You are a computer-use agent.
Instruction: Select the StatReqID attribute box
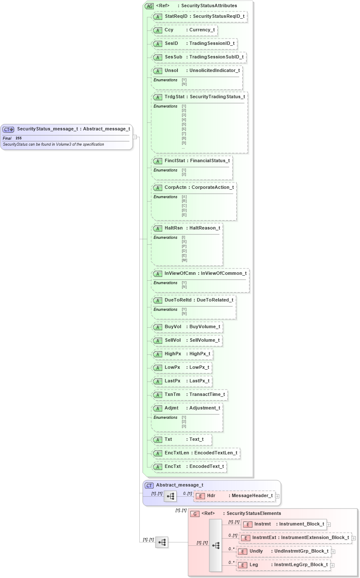click(199, 17)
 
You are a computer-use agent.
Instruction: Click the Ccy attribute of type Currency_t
click(185, 30)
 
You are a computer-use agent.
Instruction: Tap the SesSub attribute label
click(199, 57)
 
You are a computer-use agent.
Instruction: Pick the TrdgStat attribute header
click(199, 97)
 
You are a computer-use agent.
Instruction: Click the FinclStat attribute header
click(192, 161)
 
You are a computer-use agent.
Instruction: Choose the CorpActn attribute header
click(194, 188)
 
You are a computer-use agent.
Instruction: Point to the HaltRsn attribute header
click(187, 228)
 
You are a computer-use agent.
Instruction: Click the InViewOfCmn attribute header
click(200, 274)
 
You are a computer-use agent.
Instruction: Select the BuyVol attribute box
click(187, 327)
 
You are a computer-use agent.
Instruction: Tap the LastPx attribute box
click(182, 381)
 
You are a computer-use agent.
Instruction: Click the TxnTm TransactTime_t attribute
click(190, 395)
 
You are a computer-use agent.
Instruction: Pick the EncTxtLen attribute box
click(196, 453)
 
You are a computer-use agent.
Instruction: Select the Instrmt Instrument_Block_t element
click(284, 524)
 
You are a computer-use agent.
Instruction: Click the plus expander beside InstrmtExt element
click(354, 538)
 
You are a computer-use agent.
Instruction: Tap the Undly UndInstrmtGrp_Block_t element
click(283, 551)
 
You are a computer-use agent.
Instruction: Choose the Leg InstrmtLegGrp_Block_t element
click(283, 565)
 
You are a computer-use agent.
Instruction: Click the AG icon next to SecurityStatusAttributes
click(149, 6)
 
